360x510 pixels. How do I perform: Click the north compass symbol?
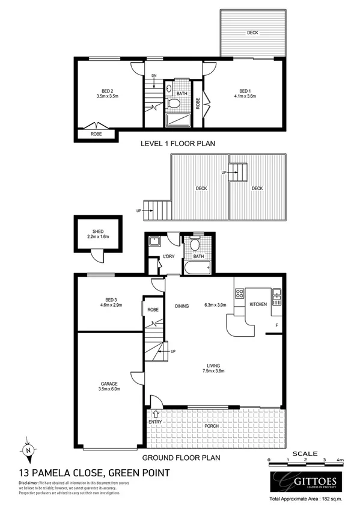click(x=28, y=449)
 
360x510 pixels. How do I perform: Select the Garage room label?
click(x=109, y=383)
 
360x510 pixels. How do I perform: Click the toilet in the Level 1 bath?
click(x=174, y=103)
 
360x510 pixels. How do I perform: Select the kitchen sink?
click(x=277, y=295)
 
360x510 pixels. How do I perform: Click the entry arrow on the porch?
click(x=157, y=414)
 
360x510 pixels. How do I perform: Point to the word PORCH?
click(x=210, y=427)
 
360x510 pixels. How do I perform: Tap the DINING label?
click(x=182, y=306)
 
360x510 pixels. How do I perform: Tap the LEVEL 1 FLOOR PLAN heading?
click(x=177, y=144)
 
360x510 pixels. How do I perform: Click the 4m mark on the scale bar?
click(x=340, y=460)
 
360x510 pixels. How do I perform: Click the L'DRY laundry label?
click(x=169, y=257)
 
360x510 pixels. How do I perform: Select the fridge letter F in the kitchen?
click(x=276, y=327)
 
